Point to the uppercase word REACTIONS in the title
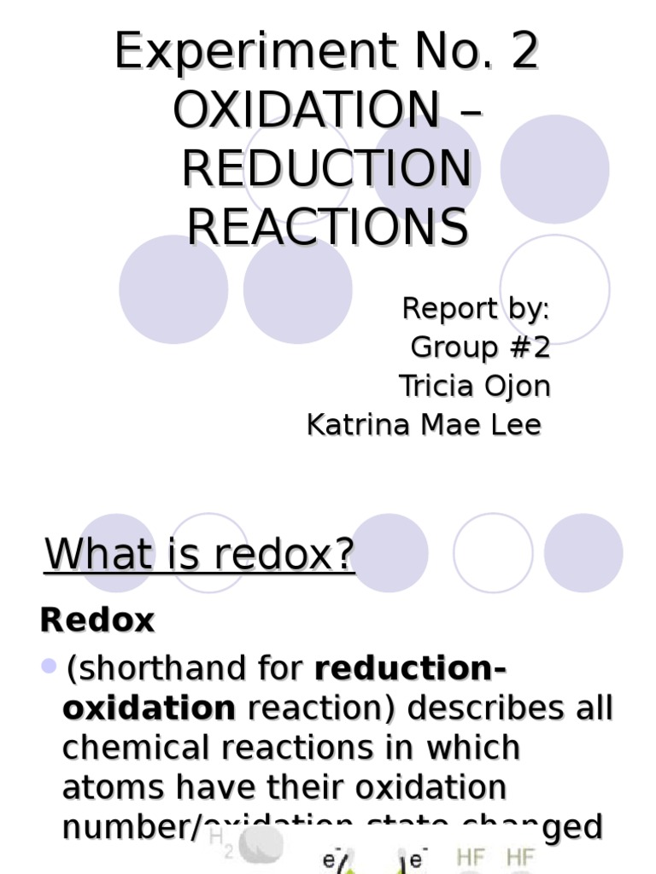point(327,227)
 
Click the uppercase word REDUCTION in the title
point(327,169)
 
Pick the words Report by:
point(476,309)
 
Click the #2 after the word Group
point(529,348)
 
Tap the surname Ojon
point(517,387)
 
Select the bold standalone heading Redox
point(97,621)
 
